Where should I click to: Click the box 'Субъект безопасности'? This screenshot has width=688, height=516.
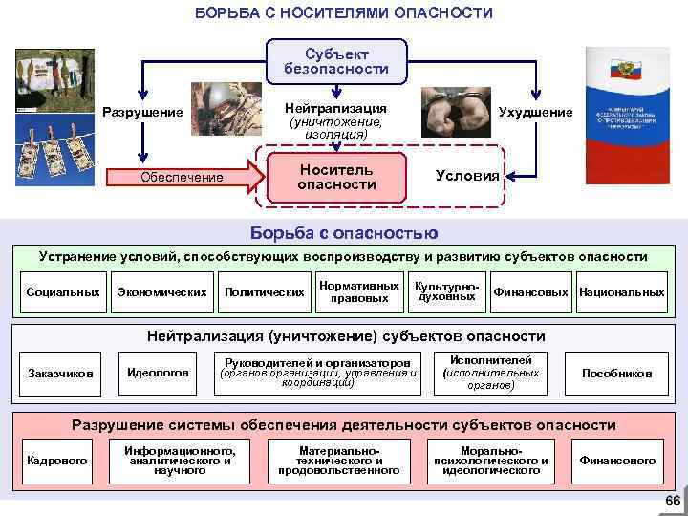click(335, 61)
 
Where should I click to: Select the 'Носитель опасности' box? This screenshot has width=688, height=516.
click(336, 176)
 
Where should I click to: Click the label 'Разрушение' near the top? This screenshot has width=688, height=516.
click(142, 113)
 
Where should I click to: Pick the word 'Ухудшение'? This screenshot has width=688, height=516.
click(536, 113)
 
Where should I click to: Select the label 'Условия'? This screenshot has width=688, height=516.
click(466, 176)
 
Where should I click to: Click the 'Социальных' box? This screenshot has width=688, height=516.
click(64, 291)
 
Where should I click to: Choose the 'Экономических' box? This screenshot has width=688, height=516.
click(161, 291)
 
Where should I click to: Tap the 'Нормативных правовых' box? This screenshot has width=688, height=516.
click(359, 291)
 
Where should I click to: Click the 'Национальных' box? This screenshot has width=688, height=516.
click(621, 291)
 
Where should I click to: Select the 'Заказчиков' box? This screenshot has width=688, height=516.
click(61, 373)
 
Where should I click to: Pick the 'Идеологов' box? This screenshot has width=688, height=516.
click(158, 372)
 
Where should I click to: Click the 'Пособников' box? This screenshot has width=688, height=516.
click(616, 373)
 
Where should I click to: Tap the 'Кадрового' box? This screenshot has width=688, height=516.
click(57, 461)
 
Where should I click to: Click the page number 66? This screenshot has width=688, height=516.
click(672, 503)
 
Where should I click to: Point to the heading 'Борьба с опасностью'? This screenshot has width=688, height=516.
click(344, 233)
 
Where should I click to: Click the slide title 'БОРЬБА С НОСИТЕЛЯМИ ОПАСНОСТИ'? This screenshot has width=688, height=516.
click(343, 12)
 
